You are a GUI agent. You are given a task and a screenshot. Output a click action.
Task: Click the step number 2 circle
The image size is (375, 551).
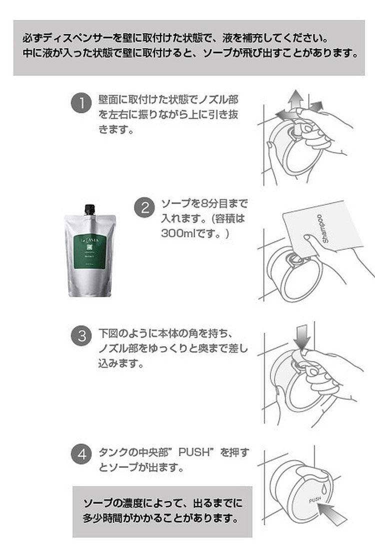click(x=145, y=207)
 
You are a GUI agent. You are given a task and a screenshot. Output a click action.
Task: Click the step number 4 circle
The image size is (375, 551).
click(x=80, y=455)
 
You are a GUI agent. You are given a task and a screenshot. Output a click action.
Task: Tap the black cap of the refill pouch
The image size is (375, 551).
click(x=90, y=209)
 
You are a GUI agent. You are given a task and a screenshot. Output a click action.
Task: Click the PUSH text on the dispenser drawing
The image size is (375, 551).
click(x=315, y=500)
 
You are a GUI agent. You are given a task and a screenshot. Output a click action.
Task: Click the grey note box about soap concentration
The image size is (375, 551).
click(x=162, y=510)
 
